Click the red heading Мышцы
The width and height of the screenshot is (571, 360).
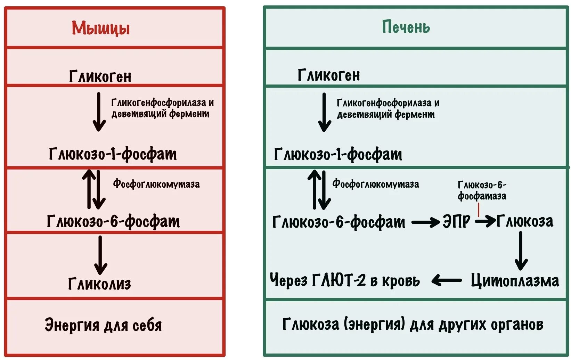pos(101,28)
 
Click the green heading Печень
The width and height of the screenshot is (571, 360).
pos(406,27)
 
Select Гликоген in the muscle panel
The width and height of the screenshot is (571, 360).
pos(100,76)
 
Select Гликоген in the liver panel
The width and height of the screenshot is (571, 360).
pos(329,75)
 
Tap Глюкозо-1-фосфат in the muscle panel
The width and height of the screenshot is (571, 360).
pos(113,154)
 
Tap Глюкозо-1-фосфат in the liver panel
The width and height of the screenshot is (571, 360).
pos(338,154)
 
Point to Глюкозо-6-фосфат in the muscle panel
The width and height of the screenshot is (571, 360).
pos(113,221)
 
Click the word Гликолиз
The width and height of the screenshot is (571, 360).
pos(99,284)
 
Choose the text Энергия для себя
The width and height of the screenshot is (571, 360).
pos(103,325)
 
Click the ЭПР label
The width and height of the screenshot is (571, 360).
pos(456,221)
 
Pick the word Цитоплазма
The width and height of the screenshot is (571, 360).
pos(515,280)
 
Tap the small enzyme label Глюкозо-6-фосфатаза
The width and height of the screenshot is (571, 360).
pos(482,190)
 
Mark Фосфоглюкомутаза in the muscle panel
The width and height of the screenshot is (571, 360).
pos(156,184)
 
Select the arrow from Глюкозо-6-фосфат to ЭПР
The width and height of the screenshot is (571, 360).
pos(425,222)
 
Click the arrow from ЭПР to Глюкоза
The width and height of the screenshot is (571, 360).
pos(486,221)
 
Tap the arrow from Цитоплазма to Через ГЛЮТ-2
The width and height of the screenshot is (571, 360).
pos(447,280)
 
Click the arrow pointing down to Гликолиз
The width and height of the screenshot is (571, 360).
pos(100,255)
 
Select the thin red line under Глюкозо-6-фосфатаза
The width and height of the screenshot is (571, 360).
pos(479,210)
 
